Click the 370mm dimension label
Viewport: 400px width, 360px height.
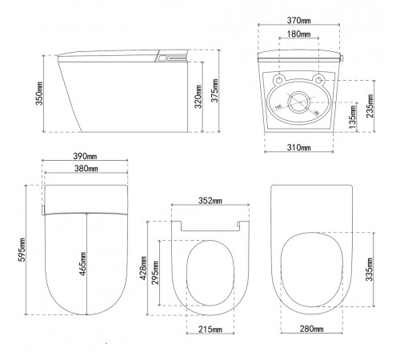pos(298,20)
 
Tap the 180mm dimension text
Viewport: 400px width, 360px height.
pos(298,34)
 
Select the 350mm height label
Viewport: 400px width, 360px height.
pos(39,94)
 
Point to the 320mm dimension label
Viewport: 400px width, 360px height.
pos(198,97)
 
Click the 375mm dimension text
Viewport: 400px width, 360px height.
pos(214,90)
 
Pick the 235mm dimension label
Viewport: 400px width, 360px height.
pos(370,106)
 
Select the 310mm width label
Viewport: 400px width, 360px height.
pos(298,147)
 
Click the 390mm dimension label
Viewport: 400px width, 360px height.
pos(85,156)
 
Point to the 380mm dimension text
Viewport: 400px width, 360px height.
pos(86,169)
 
